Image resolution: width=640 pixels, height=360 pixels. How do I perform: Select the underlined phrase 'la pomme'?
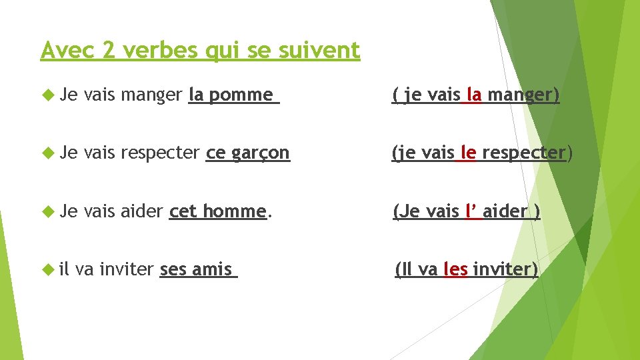coord(233,95)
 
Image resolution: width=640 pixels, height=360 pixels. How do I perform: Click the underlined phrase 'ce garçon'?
coord(248,153)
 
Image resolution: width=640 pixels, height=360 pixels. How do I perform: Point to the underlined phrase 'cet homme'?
coord(218,211)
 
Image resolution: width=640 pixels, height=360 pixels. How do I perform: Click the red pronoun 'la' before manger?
coord(473,95)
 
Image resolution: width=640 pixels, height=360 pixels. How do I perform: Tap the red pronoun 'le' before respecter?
coord(467,153)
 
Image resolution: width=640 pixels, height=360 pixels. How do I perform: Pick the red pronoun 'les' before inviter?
coord(455,269)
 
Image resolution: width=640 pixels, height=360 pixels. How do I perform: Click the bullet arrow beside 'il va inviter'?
coord(47,269)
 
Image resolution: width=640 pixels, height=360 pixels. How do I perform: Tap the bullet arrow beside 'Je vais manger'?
coord(47,95)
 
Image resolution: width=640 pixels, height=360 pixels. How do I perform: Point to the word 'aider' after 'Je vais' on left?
coord(142,211)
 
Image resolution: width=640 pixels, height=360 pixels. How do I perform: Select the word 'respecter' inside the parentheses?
coord(524,153)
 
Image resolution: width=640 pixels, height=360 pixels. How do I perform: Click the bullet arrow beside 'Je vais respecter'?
coord(47,153)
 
